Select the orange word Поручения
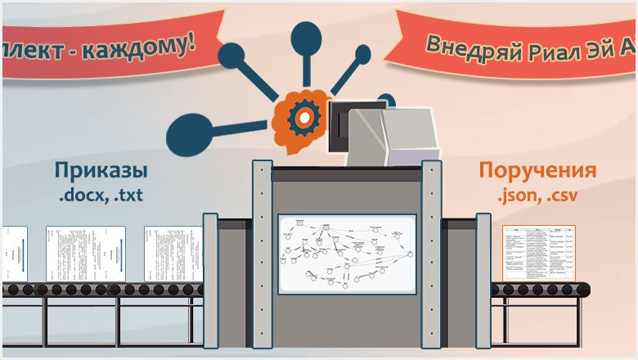537,172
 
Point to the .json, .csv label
536,196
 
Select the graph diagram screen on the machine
347,254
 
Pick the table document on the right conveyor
537,253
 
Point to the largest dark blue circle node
186,130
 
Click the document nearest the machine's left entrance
173,254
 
